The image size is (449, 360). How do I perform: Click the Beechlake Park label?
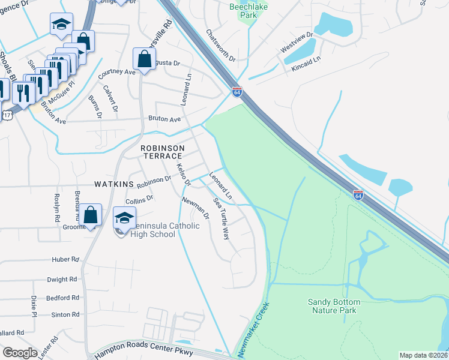250,7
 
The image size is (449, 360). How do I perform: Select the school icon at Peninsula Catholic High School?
124,218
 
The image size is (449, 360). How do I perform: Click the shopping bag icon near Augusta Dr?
144,59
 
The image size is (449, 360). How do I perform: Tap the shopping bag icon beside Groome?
90,215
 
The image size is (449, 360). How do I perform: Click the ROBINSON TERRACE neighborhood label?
161,151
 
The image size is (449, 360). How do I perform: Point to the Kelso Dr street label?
183,173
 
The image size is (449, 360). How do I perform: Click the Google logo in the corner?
20,353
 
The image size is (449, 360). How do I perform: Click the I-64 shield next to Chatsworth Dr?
237,92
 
